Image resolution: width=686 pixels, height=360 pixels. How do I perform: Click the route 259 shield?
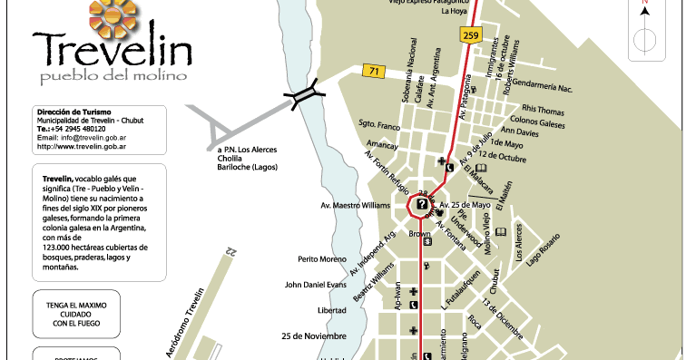(x=469, y=35)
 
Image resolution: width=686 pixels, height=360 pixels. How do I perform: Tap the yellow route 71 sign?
(x=372, y=70)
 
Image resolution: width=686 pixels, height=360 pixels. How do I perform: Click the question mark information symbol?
(x=422, y=206)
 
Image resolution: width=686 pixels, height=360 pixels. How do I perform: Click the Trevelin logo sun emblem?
(x=113, y=15)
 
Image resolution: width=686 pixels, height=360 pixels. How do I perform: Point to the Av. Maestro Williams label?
(x=354, y=205)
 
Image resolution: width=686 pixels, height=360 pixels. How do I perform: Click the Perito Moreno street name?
(x=322, y=259)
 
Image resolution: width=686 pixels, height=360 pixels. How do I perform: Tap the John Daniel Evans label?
(x=316, y=284)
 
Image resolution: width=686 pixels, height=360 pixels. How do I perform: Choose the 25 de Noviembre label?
(x=315, y=336)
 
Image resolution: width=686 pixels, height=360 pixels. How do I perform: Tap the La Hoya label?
(x=454, y=13)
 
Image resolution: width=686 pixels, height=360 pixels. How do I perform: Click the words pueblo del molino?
(x=101, y=74)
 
